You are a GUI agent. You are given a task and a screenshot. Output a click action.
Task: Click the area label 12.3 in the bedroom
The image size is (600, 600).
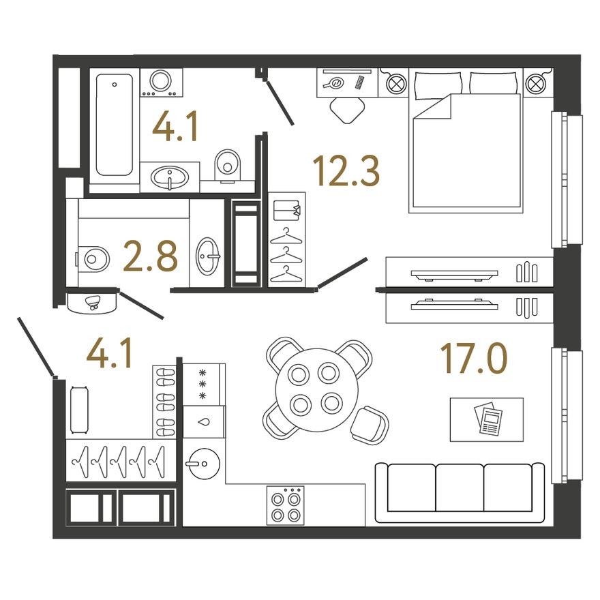tap(346, 170)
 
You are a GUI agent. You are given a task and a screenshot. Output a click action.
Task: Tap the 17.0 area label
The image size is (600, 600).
tap(474, 359)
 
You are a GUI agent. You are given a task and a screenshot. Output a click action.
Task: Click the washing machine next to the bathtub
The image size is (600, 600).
tap(161, 82)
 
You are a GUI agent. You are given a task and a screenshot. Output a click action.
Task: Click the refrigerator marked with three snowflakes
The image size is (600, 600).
tap(203, 383)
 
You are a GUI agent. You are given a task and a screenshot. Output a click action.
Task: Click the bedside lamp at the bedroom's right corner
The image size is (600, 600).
tap(536, 84)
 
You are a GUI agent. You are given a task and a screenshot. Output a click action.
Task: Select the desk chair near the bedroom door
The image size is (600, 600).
tap(346, 108)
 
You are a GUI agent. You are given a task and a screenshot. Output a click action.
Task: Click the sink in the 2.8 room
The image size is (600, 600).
tap(207, 257)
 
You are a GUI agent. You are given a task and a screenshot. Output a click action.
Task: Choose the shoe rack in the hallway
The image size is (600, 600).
tap(165, 402)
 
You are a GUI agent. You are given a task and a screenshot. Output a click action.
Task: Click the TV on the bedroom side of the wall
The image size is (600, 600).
tap(455, 274)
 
